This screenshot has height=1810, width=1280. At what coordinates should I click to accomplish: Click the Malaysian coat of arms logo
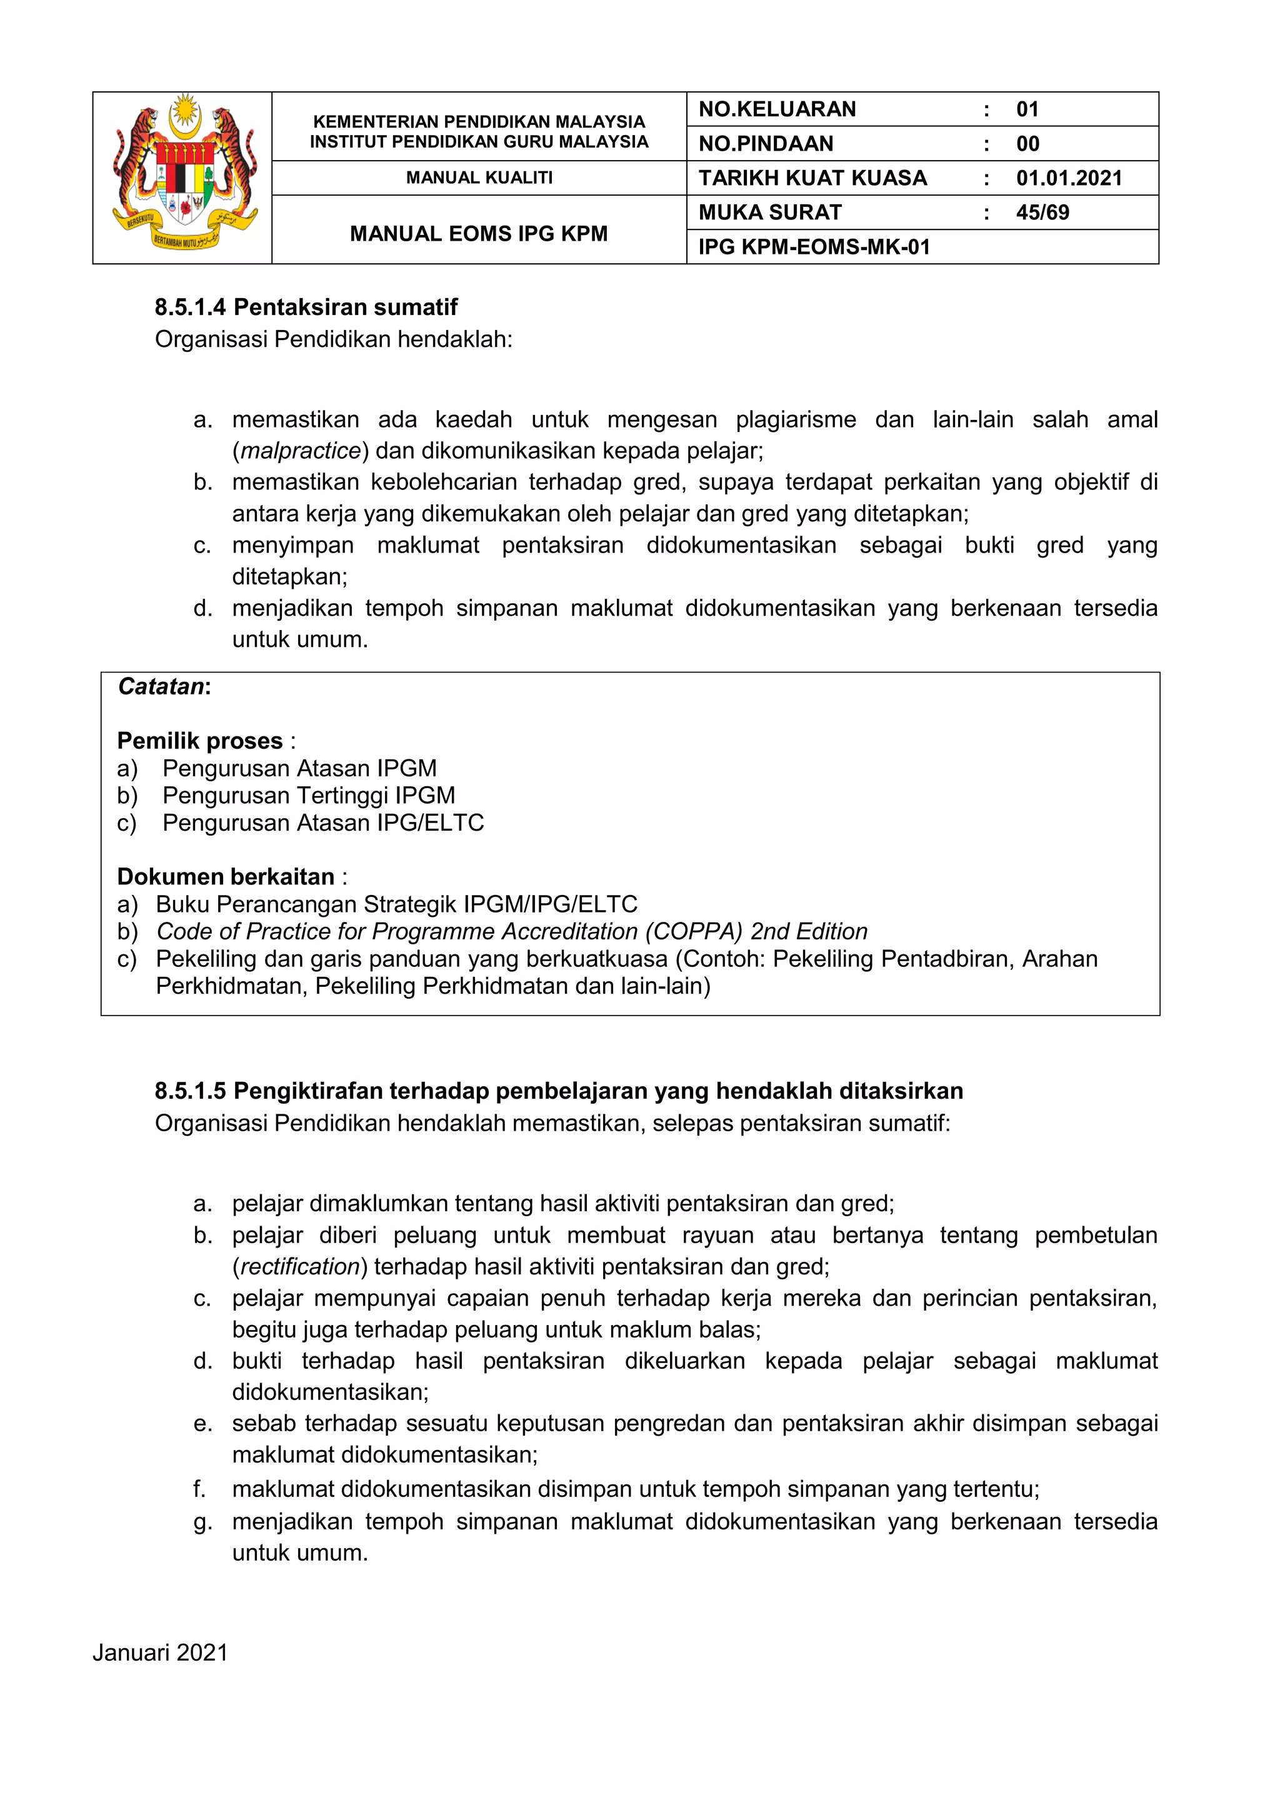click(x=183, y=175)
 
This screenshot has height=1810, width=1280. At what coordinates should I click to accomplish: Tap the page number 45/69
click(x=1042, y=212)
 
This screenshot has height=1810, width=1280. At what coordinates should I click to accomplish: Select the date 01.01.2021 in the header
click(x=1068, y=178)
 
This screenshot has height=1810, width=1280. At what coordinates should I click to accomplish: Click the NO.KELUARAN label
click(x=776, y=109)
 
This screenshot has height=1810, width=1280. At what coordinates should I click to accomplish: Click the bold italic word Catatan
click(x=162, y=687)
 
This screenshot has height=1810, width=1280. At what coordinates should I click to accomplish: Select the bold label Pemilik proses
click(x=199, y=741)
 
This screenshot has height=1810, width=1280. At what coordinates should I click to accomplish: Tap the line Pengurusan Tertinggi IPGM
click(x=308, y=796)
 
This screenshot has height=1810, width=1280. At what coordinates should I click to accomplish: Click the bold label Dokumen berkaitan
click(x=226, y=877)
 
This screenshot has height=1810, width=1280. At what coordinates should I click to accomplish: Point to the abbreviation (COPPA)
click(x=694, y=931)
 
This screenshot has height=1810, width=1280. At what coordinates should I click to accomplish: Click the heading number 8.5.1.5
click(x=190, y=1091)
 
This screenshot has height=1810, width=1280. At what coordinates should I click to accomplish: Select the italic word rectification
click(x=300, y=1266)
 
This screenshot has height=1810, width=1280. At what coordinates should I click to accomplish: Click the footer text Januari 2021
click(x=160, y=1652)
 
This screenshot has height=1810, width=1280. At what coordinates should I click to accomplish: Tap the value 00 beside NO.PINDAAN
click(x=1027, y=144)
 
